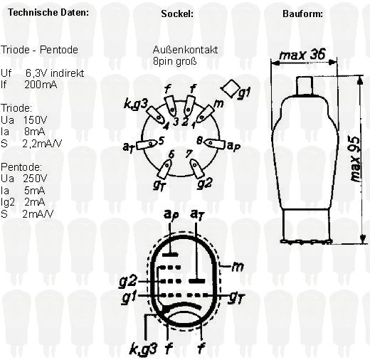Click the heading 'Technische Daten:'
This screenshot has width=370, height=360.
(x=48, y=12)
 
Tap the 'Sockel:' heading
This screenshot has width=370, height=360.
(x=177, y=14)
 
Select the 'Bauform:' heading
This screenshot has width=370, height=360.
(x=302, y=14)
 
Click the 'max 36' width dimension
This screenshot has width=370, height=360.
(x=302, y=55)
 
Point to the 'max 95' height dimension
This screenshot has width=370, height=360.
(x=355, y=159)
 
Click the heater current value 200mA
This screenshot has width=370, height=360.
(x=41, y=85)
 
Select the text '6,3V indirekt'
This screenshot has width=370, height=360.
(x=55, y=73)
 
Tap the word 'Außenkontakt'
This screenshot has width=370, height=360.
(x=185, y=50)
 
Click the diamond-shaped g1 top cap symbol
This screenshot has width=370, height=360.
(x=231, y=88)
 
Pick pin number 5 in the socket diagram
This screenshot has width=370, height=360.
(x=161, y=142)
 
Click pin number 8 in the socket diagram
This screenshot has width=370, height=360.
(x=199, y=141)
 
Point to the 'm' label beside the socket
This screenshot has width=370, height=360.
(x=218, y=104)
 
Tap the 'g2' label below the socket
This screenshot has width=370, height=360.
(x=204, y=184)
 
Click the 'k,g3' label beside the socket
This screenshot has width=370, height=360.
(x=136, y=104)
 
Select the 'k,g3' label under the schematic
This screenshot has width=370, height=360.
(x=143, y=349)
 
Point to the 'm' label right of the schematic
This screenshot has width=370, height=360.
(x=238, y=267)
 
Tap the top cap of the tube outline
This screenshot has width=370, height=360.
(x=305, y=85)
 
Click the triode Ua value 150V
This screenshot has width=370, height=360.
(x=35, y=120)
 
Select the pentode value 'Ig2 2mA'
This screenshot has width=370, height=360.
(x=23, y=202)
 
